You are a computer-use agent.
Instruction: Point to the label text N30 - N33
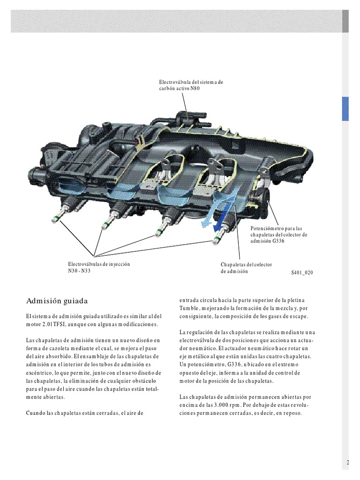tap(79, 271)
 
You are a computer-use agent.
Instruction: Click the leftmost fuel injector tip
tap(55, 217)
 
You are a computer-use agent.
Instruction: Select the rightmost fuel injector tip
tap(216, 241)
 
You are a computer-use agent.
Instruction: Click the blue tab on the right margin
tap(346, 109)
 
